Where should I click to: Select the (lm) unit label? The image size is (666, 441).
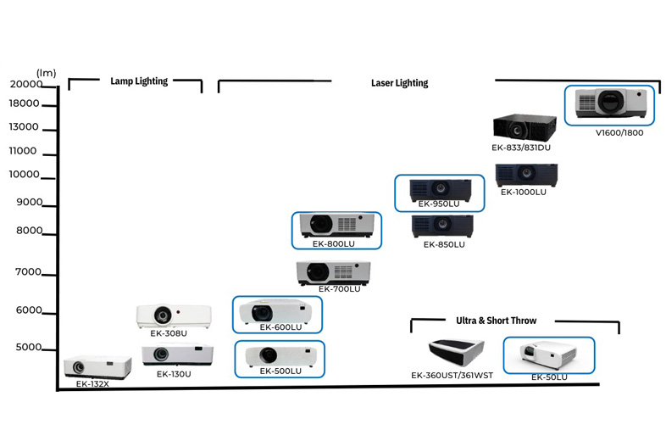pos(45,73)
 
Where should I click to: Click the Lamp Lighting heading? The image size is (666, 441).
pos(139,81)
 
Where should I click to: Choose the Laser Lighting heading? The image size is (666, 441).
pos(399,83)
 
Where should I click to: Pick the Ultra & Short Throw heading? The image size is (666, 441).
pos(496,321)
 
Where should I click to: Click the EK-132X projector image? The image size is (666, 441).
pos(97,366)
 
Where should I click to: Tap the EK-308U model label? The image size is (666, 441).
pos(168,333)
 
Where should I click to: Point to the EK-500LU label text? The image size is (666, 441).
pos(280,371)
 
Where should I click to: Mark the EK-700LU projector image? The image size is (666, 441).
pos(333,271)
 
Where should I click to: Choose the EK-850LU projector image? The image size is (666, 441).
pos(441,226)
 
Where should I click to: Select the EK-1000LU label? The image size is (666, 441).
pos(523,192)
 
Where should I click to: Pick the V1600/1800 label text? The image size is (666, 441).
pos(619,132)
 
